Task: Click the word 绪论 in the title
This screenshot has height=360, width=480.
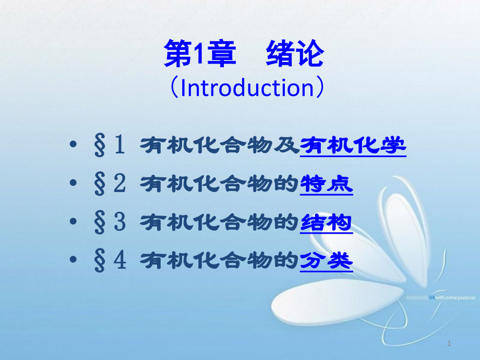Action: (295, 55)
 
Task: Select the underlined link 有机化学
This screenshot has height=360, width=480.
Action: (354, 145)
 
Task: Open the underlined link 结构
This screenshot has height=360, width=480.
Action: (327, 223)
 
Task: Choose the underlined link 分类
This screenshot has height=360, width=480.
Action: (327, 261)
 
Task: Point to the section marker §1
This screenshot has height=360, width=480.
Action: (110, 145)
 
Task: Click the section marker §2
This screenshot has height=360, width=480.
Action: (110, 184)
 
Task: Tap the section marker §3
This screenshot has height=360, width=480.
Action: (110, 223)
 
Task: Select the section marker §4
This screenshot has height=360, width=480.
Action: (110, 261)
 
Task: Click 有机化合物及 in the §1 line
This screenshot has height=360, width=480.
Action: (220, 145)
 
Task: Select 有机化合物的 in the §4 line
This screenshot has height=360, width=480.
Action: (220, 261)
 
